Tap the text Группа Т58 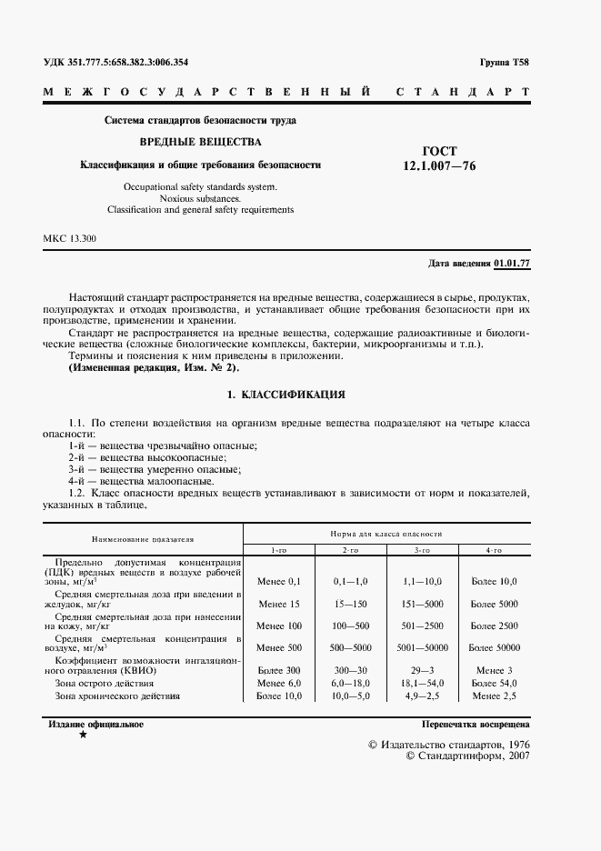coord(503,63)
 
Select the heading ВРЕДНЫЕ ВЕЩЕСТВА coord(199,143)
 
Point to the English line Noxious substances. coord(200,197)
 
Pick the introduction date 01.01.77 coord(511,264)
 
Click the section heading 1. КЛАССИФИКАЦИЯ coord(285,396)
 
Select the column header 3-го coord(422,551)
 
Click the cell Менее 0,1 coord(278,580)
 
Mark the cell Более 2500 coord(494,626)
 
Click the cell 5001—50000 coord(422,647)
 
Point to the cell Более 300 coord(278,669)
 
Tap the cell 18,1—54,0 coord(422,682)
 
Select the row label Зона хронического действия coord(117,696)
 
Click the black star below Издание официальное coord(84,734)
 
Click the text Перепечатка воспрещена coord(476,725)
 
